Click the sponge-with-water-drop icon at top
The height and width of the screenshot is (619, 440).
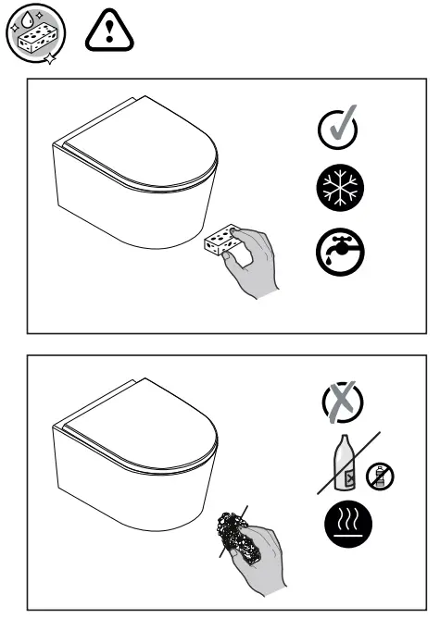(31, 35)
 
